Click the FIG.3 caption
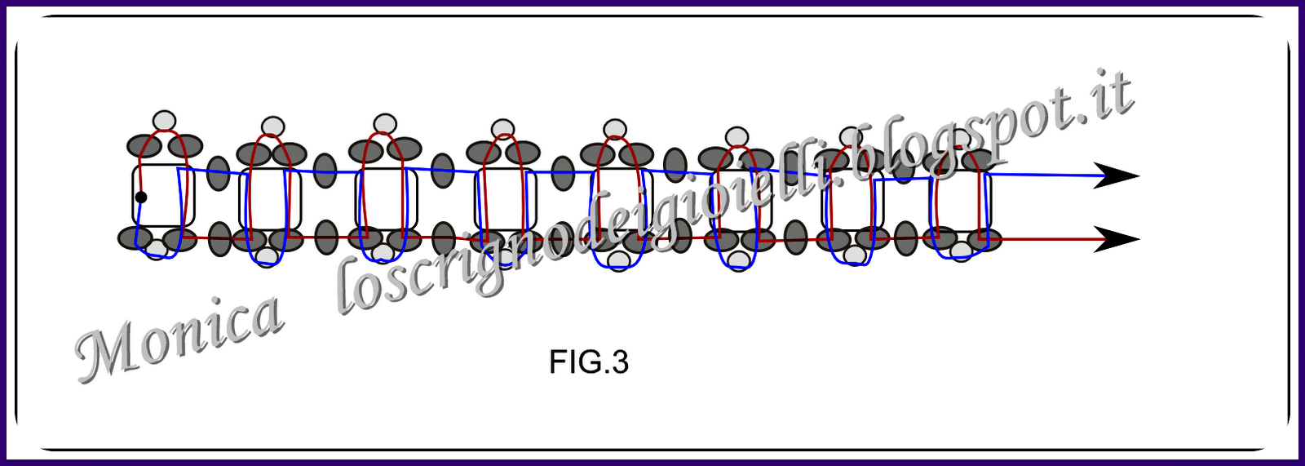pos(589,362)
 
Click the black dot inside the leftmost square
pos(141,197)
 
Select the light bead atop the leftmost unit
pos(165,121)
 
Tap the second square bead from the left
pos(270,200)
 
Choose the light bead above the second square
pos(273,126)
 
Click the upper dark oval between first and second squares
pos(218,172)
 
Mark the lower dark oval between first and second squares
pos(219,239)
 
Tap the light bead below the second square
pos(267,256)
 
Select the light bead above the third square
pos(384,124)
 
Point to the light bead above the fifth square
pos(615,129)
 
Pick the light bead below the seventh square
pos(854,255)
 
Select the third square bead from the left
pos(386,200)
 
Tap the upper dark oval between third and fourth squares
pos(442,170)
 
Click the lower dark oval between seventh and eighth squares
pos(906,239)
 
